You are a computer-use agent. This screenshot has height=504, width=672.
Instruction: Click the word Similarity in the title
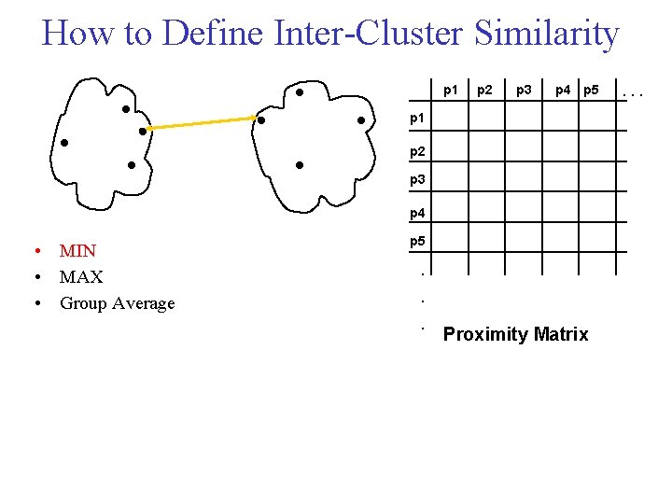pyautogui.click(x=546, y=34)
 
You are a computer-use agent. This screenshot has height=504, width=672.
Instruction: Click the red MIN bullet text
pyautogui.click(x=78, y=250)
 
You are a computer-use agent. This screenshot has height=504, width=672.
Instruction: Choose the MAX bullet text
pyautogui.click(x=81, y=277)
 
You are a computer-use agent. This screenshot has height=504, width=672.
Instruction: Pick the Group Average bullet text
pyautogui.click(x=117, y=303)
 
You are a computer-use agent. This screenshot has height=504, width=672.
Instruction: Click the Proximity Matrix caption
pyautogui.click(x=515, y=334)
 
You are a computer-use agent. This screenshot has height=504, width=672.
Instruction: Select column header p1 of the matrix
pyautogui.click(x=450, y=91)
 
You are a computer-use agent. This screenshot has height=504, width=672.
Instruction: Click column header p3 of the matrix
pyautogui.click(x=525, y=91)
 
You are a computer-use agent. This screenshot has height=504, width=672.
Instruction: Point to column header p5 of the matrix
pyautogui.click(x=591, y=91)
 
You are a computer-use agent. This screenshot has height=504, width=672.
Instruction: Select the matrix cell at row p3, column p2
pyautogui.click(x=486, y=179)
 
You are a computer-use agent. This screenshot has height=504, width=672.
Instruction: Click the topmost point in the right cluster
pyautogui.click(x=299, y=92)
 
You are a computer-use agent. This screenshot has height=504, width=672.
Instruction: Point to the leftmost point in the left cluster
pyautogui.click(x=64, y=143)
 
